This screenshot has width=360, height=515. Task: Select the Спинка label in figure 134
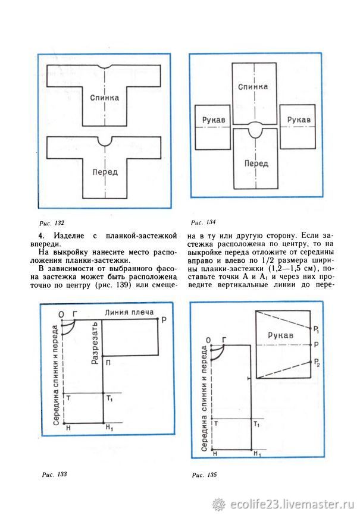pyautogui.click(x=253, y=87)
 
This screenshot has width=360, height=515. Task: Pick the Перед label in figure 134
pyautogui.click(x=255, y=161)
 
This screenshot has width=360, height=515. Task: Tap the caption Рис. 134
pyautogui.click(x=203, y=222)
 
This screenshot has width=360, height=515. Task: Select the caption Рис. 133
pyautogui.click(x=54, y=475)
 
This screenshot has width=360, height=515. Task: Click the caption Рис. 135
pyautogui.click(x=205, y=475)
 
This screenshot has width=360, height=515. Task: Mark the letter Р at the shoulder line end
pyautogui.click(x=163, y=319)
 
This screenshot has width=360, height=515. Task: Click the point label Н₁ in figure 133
pyautogui.click(x=108, y=428)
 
